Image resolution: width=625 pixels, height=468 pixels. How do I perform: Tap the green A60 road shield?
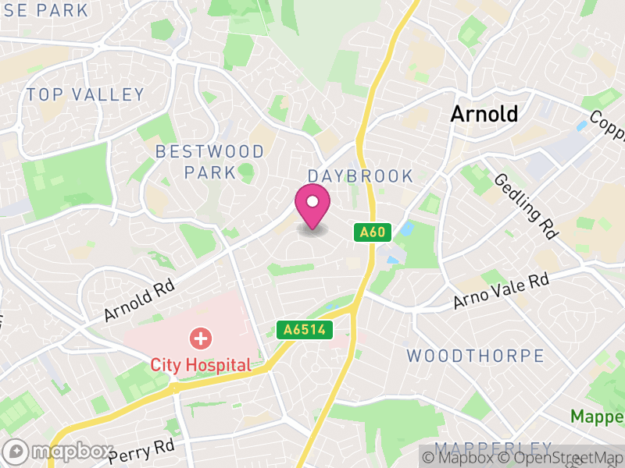point(373,232)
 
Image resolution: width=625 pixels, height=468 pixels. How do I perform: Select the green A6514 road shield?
point(305,330)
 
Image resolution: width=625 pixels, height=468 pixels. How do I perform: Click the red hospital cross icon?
point(201,339)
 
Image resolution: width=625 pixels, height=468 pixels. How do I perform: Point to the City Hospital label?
point(201,364)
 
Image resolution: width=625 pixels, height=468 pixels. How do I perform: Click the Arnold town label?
point(484,114)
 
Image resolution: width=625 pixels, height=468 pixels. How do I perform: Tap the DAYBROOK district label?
point(360,175)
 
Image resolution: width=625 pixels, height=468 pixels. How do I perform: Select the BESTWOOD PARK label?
point(195,161)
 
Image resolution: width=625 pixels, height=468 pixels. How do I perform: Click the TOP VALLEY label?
point(85,95)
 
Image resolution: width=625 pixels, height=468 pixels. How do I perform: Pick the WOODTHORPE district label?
point(475,356)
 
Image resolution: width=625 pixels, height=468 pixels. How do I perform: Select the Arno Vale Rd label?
point(502,291)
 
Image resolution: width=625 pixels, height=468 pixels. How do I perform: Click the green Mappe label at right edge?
point(597,416)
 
